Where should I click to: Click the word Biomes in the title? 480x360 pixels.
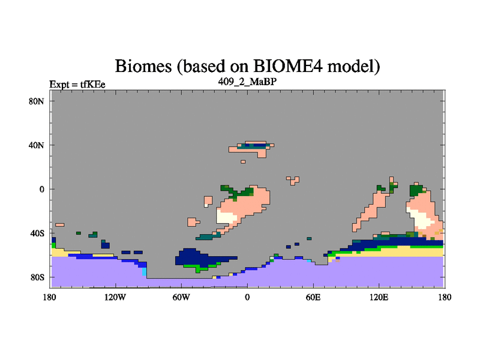(x=143, y=66)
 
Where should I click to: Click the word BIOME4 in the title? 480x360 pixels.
(x=287, y=65)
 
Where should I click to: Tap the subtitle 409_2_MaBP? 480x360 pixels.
(x=247, y=82)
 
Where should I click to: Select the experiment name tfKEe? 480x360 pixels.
(x=93, y=84)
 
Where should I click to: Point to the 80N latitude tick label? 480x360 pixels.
(x=37, y=101)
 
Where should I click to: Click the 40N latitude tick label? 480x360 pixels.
(x=37, y=145)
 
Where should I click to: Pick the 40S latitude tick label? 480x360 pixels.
(x=37, y=233)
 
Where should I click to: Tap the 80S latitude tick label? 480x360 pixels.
(x=37, y=277)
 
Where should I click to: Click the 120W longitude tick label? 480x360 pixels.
(x=115, y=297)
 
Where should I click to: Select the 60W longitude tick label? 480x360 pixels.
(x=181, y=297)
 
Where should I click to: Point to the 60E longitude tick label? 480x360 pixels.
(x=313, y=297)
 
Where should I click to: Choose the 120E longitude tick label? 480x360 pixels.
(x=379, y=297)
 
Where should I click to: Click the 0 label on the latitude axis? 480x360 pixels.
(x=41, y=189)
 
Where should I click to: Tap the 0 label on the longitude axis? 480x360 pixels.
(x=247, y=297)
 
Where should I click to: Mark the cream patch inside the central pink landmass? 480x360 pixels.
(x=226, y=217)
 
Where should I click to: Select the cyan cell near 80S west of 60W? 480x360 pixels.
(x=145, y=271)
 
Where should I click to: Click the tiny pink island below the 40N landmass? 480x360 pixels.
(x=243, y=161)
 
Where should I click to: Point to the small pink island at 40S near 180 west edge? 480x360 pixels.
(x=59, y=225)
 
